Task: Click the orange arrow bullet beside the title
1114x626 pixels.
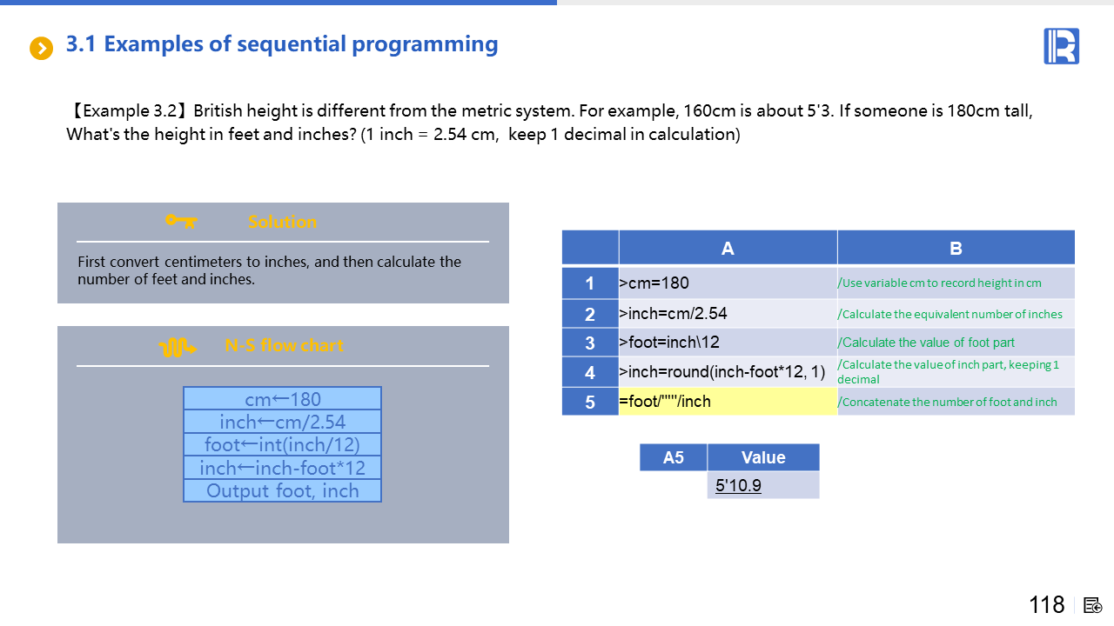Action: click(x=41, y=48)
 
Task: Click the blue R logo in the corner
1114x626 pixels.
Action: click(x=1061, y=46)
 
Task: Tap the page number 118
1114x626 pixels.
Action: click(x=1046, y=604)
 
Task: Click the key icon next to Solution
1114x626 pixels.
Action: click(x=181, y=221)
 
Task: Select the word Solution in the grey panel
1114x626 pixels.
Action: click(x=282, y=222)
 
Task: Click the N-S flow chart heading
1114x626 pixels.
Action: click(x=284, y=345)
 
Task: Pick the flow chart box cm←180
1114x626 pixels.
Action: click(x=283, y=398)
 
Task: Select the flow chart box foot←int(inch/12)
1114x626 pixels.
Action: click(x=283, y=444)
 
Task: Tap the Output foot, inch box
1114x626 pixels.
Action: click(x=283, y=490)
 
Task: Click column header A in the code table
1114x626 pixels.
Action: click(x=728, y=248)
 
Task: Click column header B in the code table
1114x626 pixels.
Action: click(x=956, y=248)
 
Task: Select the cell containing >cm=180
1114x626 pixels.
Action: click(x=728, y=283)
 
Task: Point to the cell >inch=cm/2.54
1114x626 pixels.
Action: click(x=728, y=314)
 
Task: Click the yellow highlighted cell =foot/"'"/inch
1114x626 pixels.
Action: click(x=728, y=402)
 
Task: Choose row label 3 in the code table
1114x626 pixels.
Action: click(x=590, y=343)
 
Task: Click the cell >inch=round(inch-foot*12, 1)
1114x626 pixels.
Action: click(x=728, y=371)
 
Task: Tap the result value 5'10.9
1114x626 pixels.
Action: click(x=738, y=485)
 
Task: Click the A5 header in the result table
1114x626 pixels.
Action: click(x=674, y=457)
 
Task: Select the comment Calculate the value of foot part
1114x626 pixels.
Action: click(x=926, y=343)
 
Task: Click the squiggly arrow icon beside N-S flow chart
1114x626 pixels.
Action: click(x=178, y=347)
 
